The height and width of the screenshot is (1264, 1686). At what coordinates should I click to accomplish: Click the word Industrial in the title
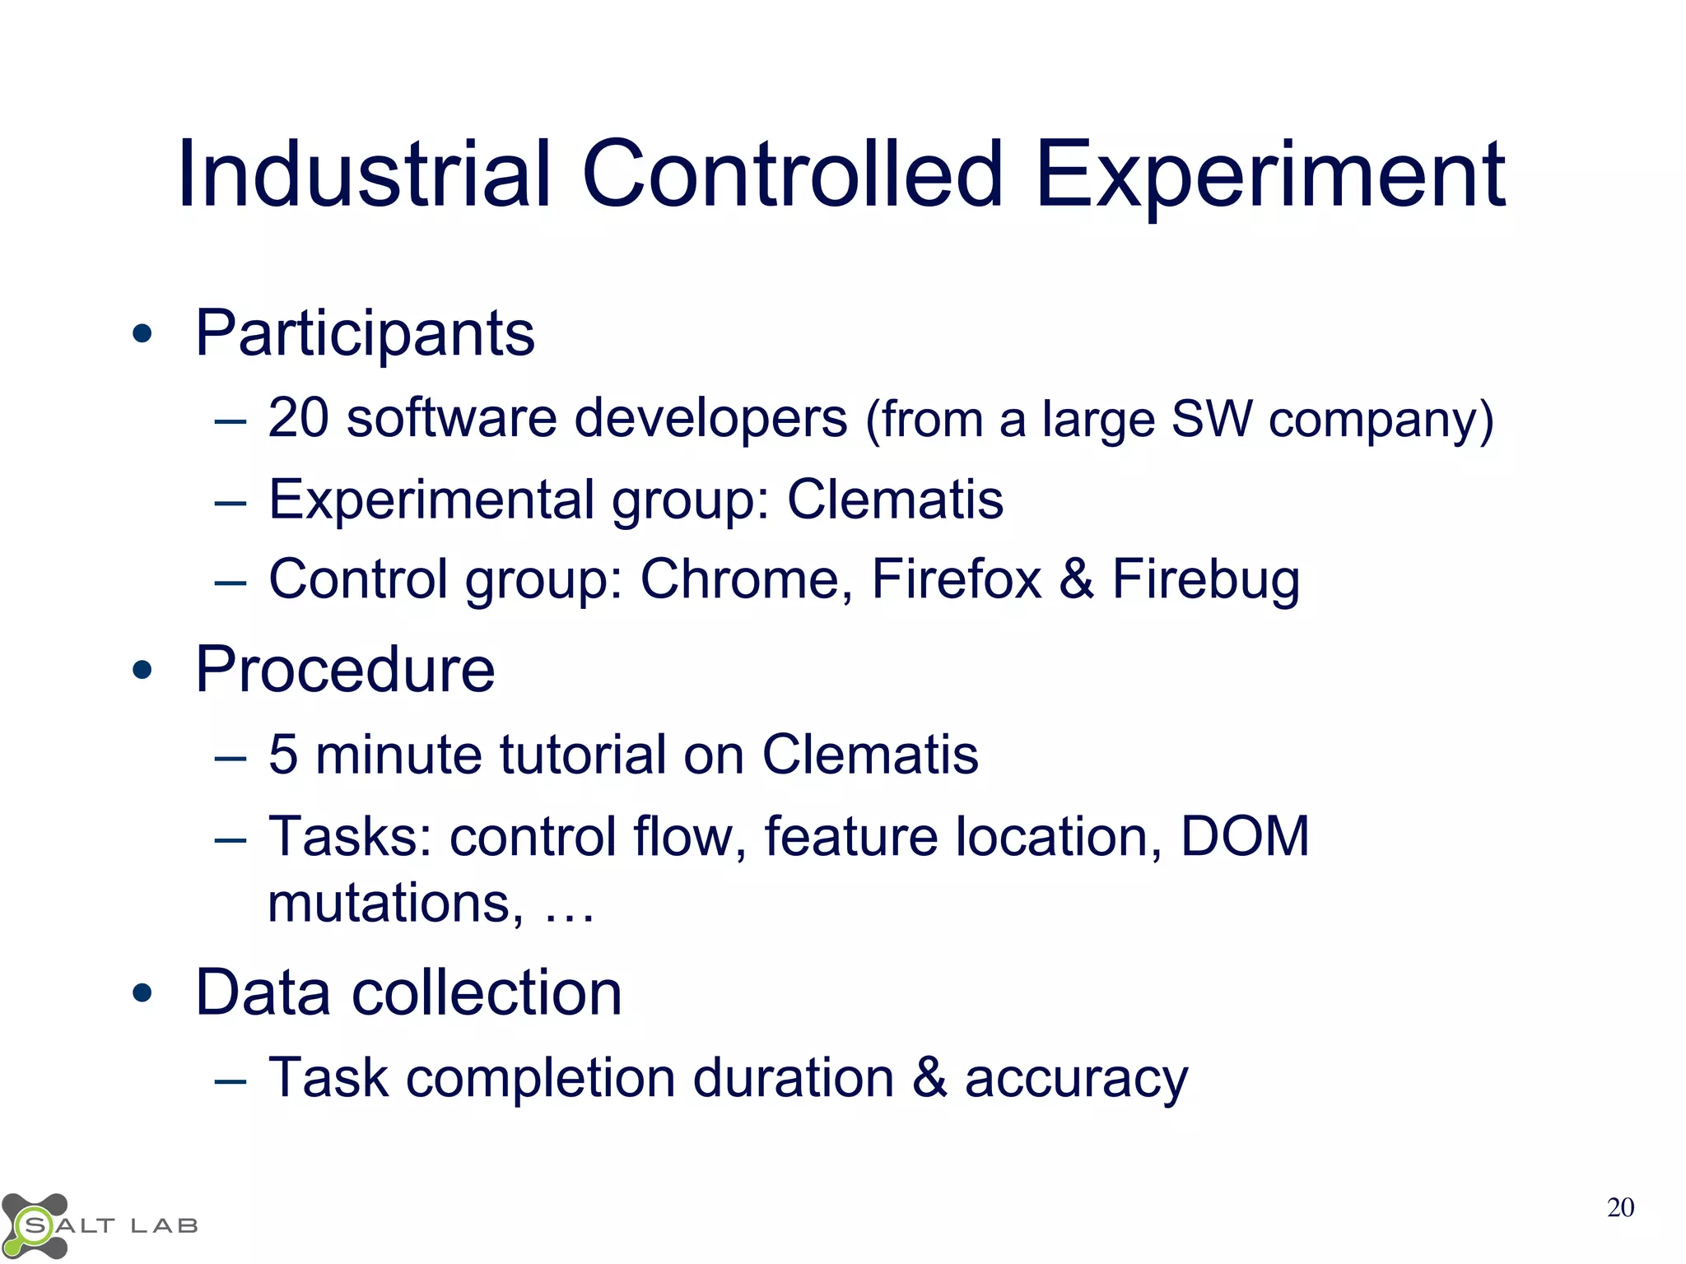pyautogui.click(x=362, y=174)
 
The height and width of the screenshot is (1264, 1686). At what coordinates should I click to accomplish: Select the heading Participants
pyautogui.click(x=365, y=334)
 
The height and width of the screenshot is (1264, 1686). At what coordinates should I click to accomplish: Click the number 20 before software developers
pyautogui.click(x=298, y=418)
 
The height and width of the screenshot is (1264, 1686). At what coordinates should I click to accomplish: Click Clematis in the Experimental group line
pyautogui.click(x=895, y=500)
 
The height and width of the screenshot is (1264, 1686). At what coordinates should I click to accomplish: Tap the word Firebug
pyautogui.click(x=1205, y=581)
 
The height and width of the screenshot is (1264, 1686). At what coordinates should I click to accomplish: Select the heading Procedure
pyautogui.click(x=345, y=670)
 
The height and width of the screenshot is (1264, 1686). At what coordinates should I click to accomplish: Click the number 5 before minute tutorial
pyautogui.click(x=282, y=754)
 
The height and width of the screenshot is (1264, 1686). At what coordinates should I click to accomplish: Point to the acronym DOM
pyautogui.click(x=1244, y=836)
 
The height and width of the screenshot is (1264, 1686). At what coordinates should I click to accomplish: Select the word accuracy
pyautogui.click(x=1076, y=1079)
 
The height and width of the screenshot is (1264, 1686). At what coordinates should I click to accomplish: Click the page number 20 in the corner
pyautogui.click(x=1619, y=1207)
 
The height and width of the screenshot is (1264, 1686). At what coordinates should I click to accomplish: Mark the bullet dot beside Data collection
pyautogui.click(x=142, y=993)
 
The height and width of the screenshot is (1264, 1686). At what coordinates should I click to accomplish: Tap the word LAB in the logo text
pyautogui.click(x=165, y=1226)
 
